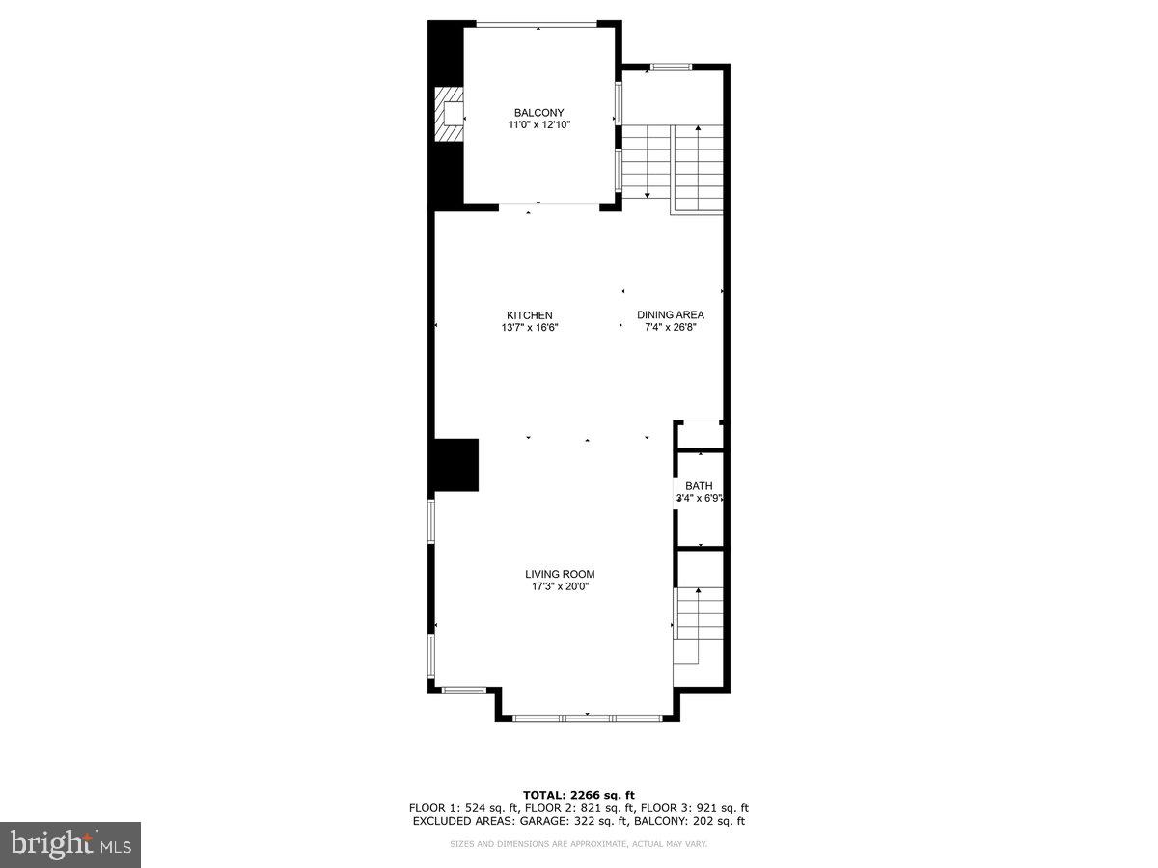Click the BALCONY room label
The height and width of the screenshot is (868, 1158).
click(538, 113)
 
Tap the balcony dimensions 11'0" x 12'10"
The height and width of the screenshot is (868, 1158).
click(538, 125)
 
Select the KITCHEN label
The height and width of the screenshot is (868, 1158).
click(530, 315)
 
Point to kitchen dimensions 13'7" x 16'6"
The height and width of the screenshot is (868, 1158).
click(530, 328)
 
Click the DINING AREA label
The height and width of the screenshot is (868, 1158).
click(671, 315)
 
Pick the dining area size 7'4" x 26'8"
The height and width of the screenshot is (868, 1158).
click(671, 328)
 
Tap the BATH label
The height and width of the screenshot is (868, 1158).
click(699, 486)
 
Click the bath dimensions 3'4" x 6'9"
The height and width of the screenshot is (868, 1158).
click(699, 499)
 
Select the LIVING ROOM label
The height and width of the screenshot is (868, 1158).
click(560, 574)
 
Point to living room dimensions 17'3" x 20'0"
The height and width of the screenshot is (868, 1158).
click(560, 586)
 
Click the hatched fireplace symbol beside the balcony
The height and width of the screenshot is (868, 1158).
click(449, 115)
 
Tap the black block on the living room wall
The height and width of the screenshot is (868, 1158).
click(455, 465)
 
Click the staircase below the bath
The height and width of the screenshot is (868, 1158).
click(699, 617)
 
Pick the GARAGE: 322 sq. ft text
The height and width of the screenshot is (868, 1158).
click(574, 822)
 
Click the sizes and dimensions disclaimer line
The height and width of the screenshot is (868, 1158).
click(579, 844)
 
